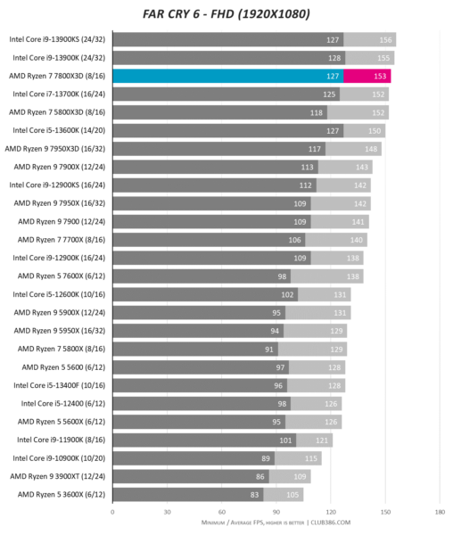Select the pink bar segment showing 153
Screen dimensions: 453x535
[x=367, y=76]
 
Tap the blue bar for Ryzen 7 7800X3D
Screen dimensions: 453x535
[x=228, y=76]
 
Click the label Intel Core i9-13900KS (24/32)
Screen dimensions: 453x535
[x=57, y=39]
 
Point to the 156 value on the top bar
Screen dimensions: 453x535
[x=385, y=40]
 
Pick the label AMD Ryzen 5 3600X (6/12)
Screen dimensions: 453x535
[x=62, y=494]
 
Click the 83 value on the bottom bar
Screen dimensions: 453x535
[x=254, y=495]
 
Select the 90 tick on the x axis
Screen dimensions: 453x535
[x=276, y=512]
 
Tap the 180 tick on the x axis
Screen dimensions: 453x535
[x=440, y=512]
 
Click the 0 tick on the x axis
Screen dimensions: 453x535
[x=112, y=512]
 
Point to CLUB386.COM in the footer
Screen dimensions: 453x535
[x=330, y=523]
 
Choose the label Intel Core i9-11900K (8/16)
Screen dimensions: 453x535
[x=61, y=440]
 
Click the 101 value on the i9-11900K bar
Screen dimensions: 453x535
[x=285, y=440]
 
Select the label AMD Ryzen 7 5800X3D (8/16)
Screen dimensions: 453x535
[x=57, y=112]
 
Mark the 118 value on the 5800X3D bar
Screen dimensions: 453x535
[x=317, y=112]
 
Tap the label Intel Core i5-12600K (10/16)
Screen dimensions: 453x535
[x=59, y=294]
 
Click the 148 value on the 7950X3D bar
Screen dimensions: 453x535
[x=371, y=149]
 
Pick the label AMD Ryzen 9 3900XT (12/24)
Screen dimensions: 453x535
[x=58, y=476]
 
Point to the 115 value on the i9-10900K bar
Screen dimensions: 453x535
[x=310, y=458]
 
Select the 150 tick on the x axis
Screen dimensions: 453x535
[x=385, y=512]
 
